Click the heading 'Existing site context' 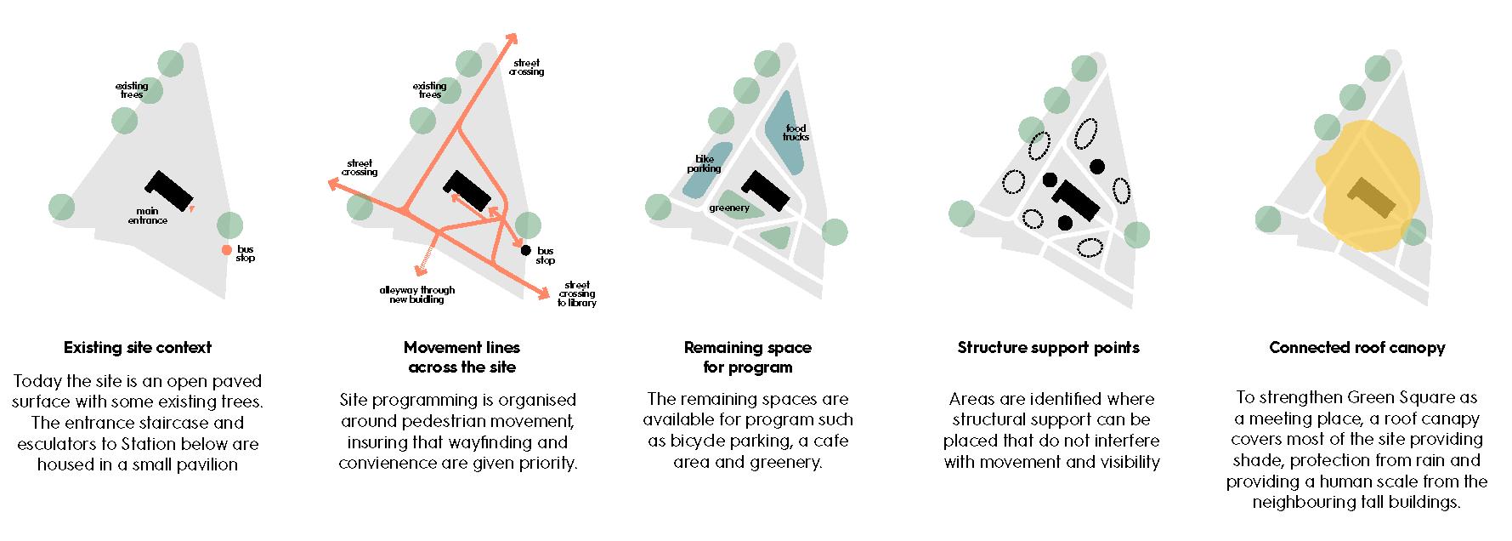point(138,347)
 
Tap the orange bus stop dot point(226,249)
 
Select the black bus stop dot point(525,250)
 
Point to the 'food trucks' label point(796,133)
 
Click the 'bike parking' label point(704,163)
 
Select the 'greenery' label point(729,208)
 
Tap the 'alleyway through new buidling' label point(417,295)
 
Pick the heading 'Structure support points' point(1048,347)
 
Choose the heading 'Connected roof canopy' point(1356,347)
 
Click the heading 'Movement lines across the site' point(462,357)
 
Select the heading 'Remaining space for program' point(747,357)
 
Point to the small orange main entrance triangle point(193,208)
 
